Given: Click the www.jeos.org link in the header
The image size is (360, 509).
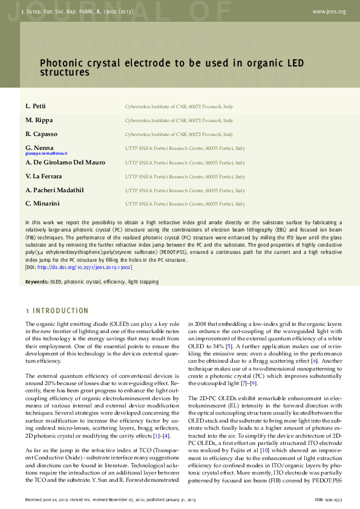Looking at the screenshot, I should (329, 11).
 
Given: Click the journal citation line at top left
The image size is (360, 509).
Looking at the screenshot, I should (77, 11).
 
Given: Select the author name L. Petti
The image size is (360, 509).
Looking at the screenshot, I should (36, 106).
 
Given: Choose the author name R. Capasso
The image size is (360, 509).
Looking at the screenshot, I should (41, 134).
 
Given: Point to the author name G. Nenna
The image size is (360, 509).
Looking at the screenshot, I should (39, 148).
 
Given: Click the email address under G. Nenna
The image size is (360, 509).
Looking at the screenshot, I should (46, 154).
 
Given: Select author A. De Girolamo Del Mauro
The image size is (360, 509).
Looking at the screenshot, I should (65, 163).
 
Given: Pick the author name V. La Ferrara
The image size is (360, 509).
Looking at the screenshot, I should (45, 176).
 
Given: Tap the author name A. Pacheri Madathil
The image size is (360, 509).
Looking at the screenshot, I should (54, 190).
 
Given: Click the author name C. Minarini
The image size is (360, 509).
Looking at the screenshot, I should (42, 204).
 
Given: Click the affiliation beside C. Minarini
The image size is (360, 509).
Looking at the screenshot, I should (185, 204).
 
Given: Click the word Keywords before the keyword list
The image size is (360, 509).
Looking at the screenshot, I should (36, 282).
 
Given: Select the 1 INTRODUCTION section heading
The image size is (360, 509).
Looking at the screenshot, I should (57, 311).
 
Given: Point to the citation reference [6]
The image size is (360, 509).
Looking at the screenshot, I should (314, 360).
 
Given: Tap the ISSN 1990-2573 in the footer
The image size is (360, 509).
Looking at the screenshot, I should (330, 499).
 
